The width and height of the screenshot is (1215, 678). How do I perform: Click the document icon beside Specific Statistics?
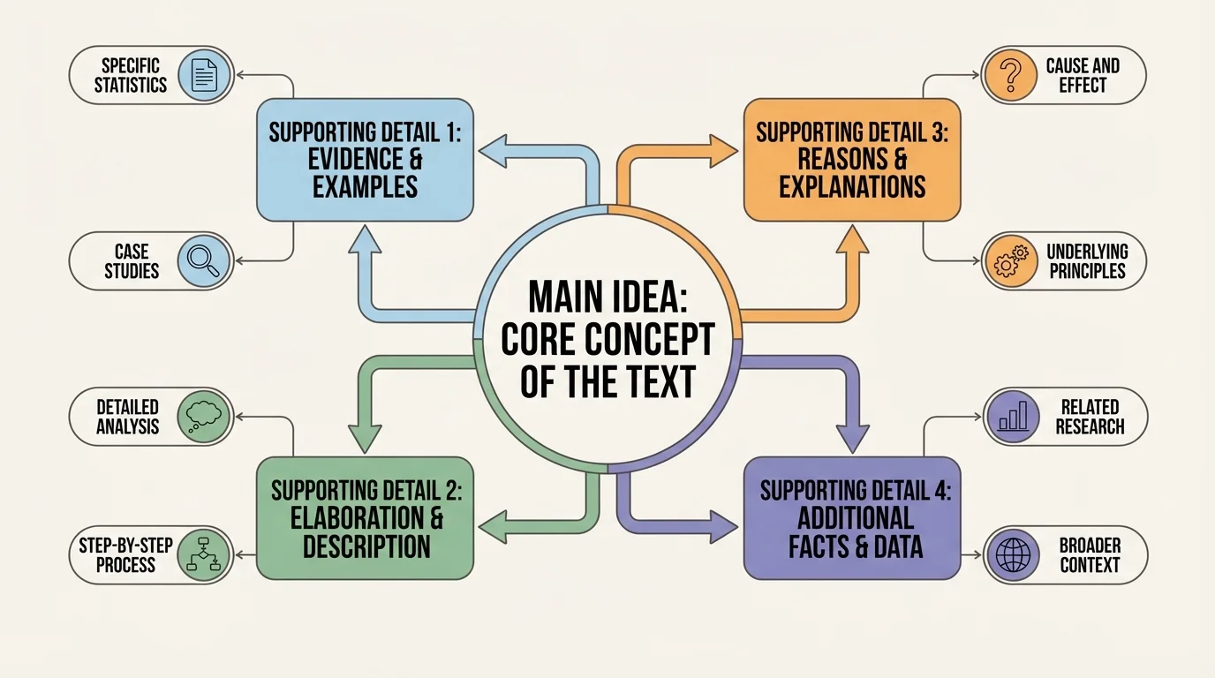point(204,75)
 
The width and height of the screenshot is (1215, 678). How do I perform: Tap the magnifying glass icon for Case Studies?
point(204,261)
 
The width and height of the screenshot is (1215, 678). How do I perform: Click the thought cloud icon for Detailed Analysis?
point(204,416)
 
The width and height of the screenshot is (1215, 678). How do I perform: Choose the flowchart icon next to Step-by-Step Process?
point(204,554)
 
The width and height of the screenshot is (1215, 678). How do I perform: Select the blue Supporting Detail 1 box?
point(365,160)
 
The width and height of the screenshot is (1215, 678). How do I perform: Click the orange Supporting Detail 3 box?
point(851,160)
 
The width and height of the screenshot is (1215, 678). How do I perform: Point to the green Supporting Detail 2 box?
point(365,517)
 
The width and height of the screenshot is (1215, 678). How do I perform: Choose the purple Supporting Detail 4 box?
point(851,517)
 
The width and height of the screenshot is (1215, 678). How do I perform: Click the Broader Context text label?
point(1089,554)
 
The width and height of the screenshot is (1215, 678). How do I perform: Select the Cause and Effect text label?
point(1082,75)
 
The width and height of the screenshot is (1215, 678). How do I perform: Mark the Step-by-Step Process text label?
point(125,554)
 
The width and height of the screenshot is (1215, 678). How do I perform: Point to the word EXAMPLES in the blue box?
point(365,187)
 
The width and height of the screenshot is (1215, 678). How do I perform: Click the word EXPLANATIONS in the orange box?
point(851,187)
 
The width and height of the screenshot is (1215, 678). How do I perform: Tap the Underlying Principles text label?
point(1087,261)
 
